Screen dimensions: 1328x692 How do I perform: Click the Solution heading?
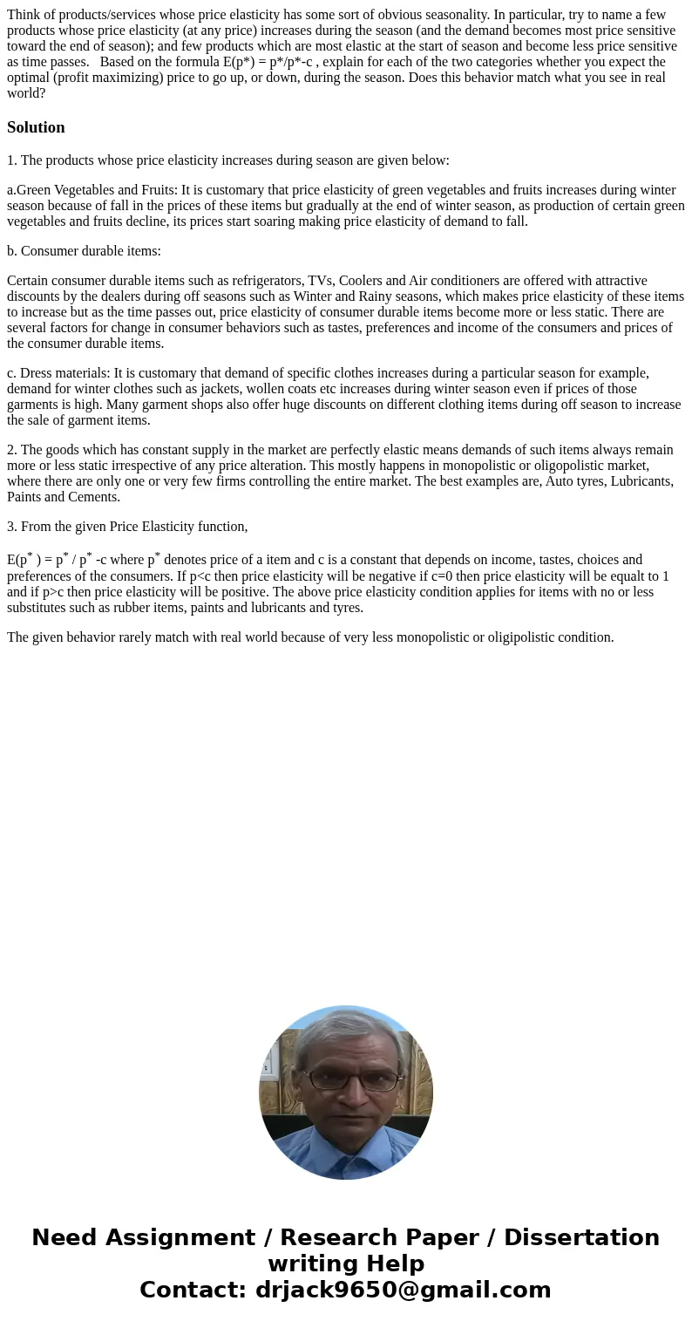coord(36,127)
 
